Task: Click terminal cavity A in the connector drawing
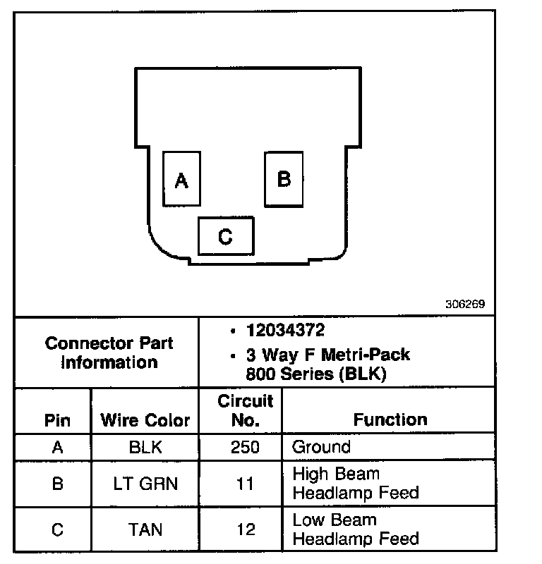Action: pyautogui.click(x=181, y=179)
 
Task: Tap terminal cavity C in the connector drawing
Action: pyautogui.click(x=225, y=235)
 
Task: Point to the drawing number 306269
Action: pyautogui.click(x=464, y=305)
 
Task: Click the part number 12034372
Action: pyautogui.click(x=285, y=330)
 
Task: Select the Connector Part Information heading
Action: pyautogui.click(x=109, y=352)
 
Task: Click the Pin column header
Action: pyautogui.click(x=57, y=421)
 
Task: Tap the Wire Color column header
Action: pyautogui.click(x=145, y=421)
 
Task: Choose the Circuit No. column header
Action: pyautogui.click(x=245, y=410)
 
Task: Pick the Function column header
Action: pyautogui.click(x=390, y=419)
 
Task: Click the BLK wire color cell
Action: pyautogui.click(x=146, y=447)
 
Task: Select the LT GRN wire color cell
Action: pyautogui.click(x=146, y=484)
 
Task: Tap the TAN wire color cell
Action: pyautogui.click(x=146, y=529)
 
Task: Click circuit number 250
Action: pyautogui.click(x=246, y=447)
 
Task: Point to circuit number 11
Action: pyautogui.click(x=246, y=484)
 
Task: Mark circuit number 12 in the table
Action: pyautogui.click(x=246, y=529)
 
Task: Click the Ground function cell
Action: pyautogui.click(x=321, y=447)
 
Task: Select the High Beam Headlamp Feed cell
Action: pyautogui.click(x=355, y=484)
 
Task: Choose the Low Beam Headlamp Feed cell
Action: pyautogui.click(x=355, y=529)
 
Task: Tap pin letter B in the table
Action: pyautogui.click(x=57, y=484)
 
